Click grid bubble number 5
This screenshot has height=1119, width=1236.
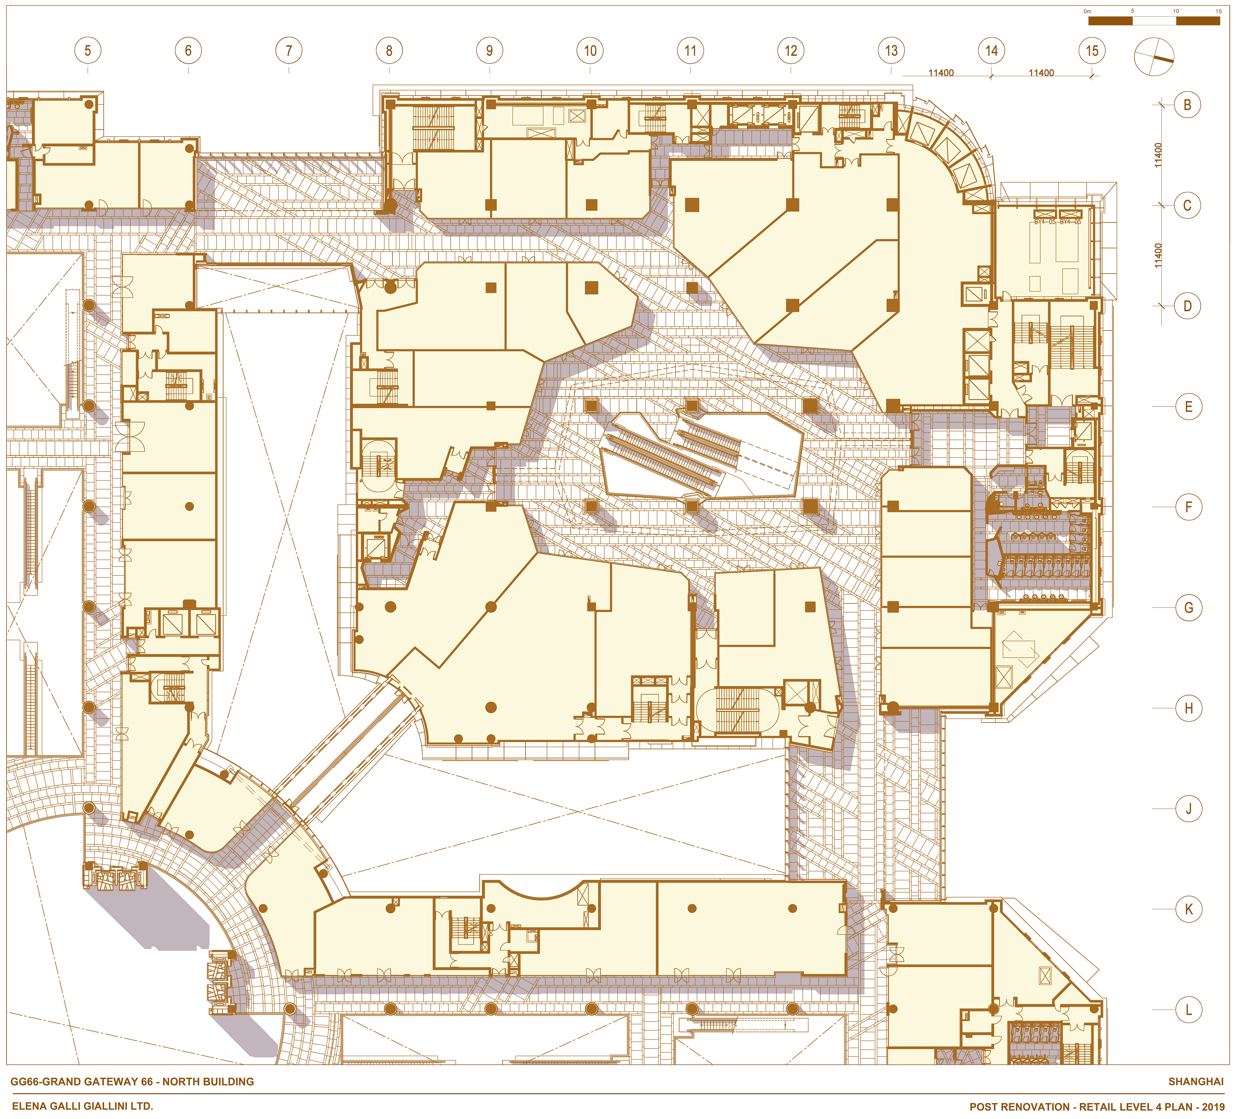pyautogui.click(x=88, y=51)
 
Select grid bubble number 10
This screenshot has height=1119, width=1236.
pyautogui.click(x=590, y=51)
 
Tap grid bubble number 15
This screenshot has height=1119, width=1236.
pyautogui.click(x=1092, y=51)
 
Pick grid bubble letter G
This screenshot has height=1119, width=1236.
pyautogui.click(x=1188, y=608)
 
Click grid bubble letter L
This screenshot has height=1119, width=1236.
pyautogui.click(x=1188, y=1010)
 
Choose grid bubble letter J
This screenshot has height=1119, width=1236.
pyautogui.click(x=1188, y=809)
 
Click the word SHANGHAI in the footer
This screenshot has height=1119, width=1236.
pyautogui.click(x=1195, y=1082)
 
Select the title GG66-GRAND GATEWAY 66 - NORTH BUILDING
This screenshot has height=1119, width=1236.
pyautogui.click(x=132, y=1082)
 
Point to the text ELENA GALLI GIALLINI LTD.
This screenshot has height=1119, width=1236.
pyautogui.click(x=82, y=1106)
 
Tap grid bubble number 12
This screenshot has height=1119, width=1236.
pyautogui.click(x=791, y=51)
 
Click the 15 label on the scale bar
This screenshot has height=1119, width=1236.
pyautogui.click(x=1218, y=11)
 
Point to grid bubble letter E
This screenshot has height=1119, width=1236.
pyautogui.click(x=1188, y=407)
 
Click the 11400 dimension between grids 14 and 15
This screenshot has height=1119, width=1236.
pyautogui.click(x=1041, y=73)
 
